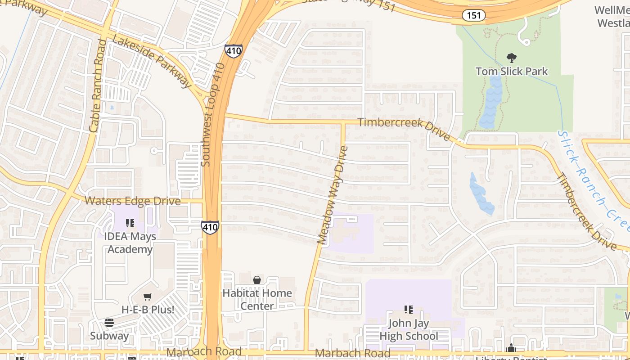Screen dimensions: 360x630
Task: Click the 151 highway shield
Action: pyautogui.click(x=473, y=15)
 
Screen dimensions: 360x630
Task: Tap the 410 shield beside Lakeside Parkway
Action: pyautogui.click(x=233, y=51)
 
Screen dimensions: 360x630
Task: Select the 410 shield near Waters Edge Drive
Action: pyautogui.click(x=210, y=227)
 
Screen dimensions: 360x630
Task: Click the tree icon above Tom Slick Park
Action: pyautogui.click(x=511, y=58)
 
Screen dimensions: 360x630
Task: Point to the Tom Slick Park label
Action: pyautogui.click(x=512, y=71)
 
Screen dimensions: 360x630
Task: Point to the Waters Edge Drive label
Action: pyautogui.click(x=133, y=201)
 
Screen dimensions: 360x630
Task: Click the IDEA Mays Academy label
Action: pyautogui.click(x=130, y=243)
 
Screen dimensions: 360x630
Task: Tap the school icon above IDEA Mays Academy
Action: pyautogui.click(x=130, y=223)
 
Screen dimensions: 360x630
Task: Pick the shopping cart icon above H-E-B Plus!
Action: pyautogui.click(x=147, y=297)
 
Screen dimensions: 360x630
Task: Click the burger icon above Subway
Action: pyautogui.click(x=109, y=322)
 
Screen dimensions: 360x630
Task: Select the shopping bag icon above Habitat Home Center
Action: pyautogui.click(x=256, y=280)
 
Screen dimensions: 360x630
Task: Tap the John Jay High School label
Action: pyautogui.click(x=409, y=329)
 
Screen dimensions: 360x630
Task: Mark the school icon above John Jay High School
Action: pyautogui.click(x=409, y=309)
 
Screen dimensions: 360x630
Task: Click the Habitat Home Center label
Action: pyautogui.click(x=257, y=299)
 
